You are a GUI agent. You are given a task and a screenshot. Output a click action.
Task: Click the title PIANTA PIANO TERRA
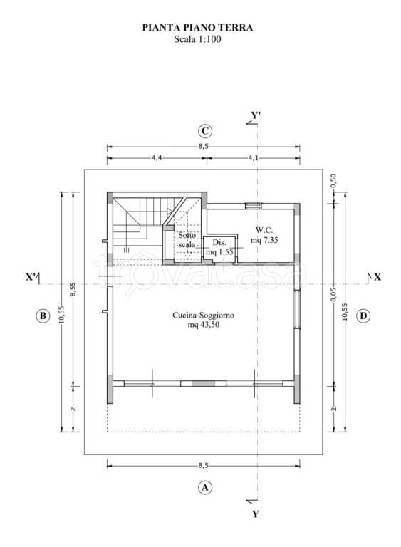click(x=197, y=28)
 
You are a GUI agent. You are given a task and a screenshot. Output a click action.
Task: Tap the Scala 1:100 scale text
click(x=197, y=39)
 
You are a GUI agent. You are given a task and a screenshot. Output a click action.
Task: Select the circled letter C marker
click(x=205, y=131)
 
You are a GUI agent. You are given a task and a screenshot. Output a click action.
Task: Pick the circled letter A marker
click(x=205, y=487)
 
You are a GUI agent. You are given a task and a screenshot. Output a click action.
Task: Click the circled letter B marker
click(x=43, y=316)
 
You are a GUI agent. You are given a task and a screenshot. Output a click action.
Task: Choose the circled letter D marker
click(x=363, y=316)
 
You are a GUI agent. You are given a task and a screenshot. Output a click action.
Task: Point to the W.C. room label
click(x=264, y=230)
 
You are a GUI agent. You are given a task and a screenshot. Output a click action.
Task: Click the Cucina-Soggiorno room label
click(x=203, y=315)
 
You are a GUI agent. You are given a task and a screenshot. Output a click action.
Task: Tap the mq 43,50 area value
click(x=204, y=325)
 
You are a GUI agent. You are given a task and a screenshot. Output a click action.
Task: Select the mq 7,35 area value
click(x=264, y=240)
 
